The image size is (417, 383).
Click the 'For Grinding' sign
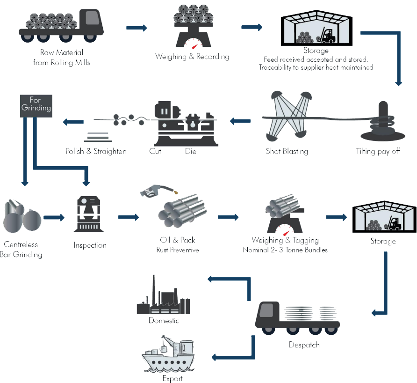(36, 104)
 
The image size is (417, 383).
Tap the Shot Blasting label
(287, 151)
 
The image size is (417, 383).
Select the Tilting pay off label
(378, 151)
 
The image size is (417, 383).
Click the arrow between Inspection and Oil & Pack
(129, 217)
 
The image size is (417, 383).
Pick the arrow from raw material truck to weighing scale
(137, 28)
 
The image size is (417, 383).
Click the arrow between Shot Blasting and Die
(240, 122)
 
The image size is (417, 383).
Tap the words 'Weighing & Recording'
(192, 57)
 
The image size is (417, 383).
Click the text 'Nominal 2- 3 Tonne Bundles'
(285, 250)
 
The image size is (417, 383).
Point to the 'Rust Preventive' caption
(177, 250)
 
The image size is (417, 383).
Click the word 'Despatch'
(304, 345)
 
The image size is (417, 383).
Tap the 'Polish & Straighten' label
(96, 151)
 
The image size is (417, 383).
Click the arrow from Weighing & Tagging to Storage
(336, 217)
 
